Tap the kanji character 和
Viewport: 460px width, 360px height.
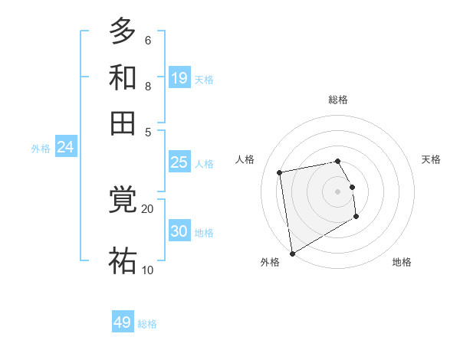click(123, 77)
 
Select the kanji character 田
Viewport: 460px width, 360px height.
click(123, 123)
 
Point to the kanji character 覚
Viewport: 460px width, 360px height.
click(123, 201)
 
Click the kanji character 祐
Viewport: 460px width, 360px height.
click(123, 261)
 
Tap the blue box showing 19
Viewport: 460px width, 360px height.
click(179, 78)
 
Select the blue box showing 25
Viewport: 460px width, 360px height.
click(179, 162)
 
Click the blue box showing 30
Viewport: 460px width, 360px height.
click(179, 231)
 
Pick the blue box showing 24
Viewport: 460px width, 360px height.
click(65, 148)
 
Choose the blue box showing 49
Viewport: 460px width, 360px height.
click(123, 322)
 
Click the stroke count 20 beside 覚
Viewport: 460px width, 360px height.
click(147, 208)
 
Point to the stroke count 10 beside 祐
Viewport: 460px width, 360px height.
click(147, 270)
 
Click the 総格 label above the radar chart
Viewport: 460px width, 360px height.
click(338, 100)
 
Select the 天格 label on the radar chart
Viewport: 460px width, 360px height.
click(431, 159)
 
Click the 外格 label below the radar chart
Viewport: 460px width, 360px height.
click(270, 262)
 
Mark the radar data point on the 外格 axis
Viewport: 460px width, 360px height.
click(292, 253)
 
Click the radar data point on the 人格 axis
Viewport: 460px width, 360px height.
click(280, 172)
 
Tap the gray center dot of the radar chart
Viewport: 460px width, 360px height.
click(338, 191)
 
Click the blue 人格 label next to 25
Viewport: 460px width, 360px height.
click(204, 164)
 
